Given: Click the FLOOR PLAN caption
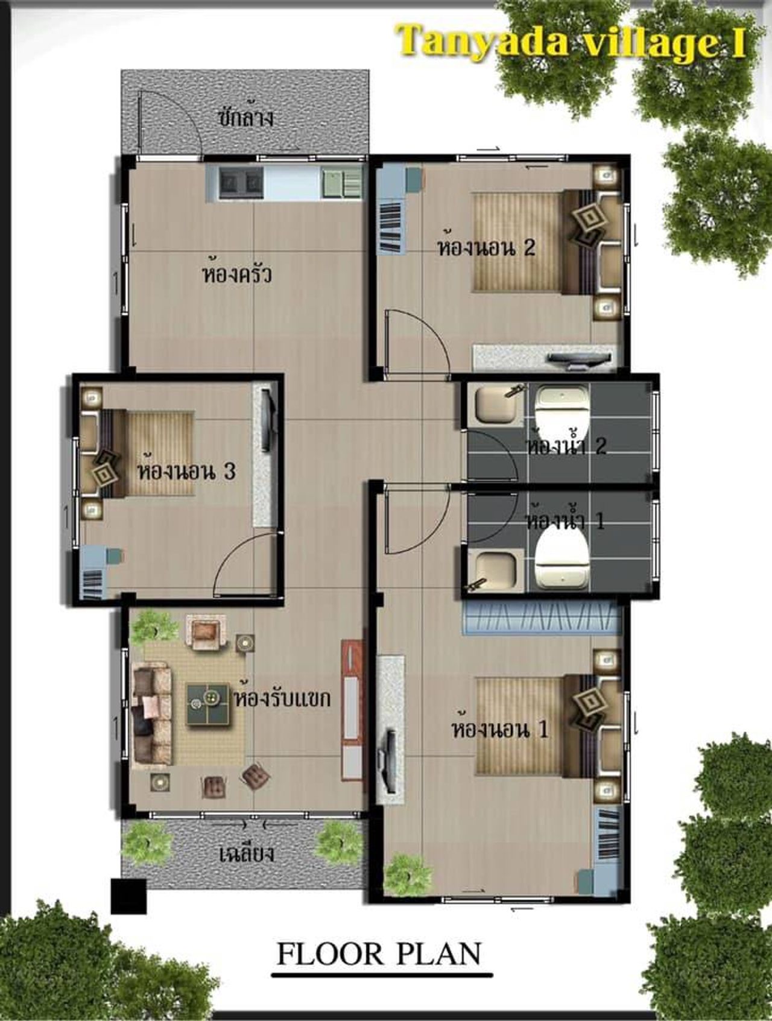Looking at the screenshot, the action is click(x=379, y=953).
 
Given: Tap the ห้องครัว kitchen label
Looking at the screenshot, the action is click(x=237, y=273).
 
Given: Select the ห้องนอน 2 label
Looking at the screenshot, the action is click(x=486, y=247).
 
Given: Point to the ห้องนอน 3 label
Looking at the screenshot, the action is click(x=186, y=470).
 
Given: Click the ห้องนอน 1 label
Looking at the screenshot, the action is click(x=500, y=729).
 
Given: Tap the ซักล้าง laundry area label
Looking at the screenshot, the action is click(x=245, y=116).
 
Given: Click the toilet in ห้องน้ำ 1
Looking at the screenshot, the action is click(x=562, y=560).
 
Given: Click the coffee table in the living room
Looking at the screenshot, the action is click(x=207, y=706).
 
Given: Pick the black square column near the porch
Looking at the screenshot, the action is click(x=128, y=896).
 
